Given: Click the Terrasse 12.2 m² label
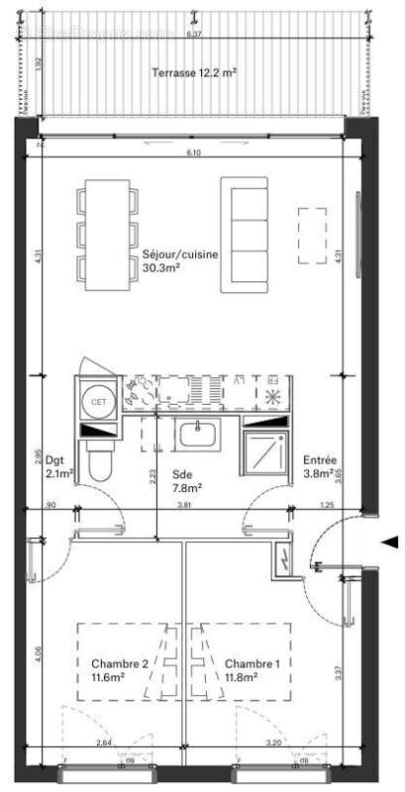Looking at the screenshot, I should coord(193,73).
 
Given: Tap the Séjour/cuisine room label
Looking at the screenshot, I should coord(179,260).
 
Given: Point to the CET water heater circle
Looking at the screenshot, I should coord(98,402).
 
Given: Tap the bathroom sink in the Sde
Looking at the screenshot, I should coord(198,435).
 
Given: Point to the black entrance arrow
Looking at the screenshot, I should coord(390,542).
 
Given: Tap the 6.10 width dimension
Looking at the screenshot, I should coord(200,152).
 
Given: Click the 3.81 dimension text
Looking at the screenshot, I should coord(183,506).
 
